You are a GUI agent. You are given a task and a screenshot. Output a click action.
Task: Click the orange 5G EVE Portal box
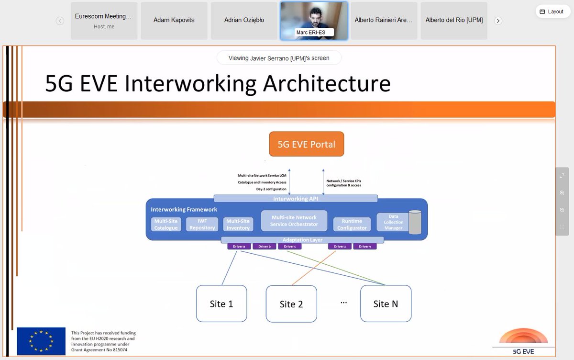pyautogui.click(x=306, y=144)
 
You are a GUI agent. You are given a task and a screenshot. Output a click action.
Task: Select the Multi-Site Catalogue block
pyautogui.click(x=166, y=225)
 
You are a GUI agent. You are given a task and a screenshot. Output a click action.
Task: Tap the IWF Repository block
pyautogui.click(x=202, y=225)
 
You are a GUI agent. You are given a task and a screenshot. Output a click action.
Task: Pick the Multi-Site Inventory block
pyautogui.click(x=238, y=225)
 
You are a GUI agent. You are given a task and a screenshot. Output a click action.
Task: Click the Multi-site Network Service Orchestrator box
pyautogui.click(x=294, y=221)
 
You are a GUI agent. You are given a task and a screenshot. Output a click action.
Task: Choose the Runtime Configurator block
pyautogui.click(x=352, y=225)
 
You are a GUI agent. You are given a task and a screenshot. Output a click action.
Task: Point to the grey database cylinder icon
pyautogui.click(x=415, y=223)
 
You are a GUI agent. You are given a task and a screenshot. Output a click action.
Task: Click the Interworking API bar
pyautogui.click(x=296, y=199)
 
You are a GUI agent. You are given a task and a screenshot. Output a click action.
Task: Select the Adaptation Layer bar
pyautogui.click(x=302, y=240)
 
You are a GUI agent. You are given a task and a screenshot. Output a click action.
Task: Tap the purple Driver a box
pyautogui.click(x=239, y=247)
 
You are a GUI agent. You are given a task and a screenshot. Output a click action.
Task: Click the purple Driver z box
pyautogui.click(x=340, y=247)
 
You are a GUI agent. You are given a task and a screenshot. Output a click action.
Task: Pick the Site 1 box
pyautogui.click(x=221, y=304)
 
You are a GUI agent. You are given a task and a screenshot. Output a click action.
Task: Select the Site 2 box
pyautogui.click(x=291, y=304)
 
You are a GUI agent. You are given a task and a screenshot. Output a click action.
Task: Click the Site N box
pyautogui.click(x=386, y=304)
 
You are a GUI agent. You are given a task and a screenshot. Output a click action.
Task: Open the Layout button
pyautogui.click(x=553, y=11)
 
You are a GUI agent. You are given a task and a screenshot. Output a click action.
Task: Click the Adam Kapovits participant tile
pyautogui.click(x=174, y=21)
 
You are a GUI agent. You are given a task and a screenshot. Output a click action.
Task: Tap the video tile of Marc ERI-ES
pyautogui.click(x=314, y=21)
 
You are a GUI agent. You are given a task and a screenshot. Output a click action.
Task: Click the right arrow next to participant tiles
pyautogui.click(x=498, y=21)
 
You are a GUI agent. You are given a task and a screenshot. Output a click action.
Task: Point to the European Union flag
pyautogui.click(x=41, y=341)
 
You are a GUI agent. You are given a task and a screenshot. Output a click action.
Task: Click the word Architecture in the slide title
pyautogui.click(x=327, y=83)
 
